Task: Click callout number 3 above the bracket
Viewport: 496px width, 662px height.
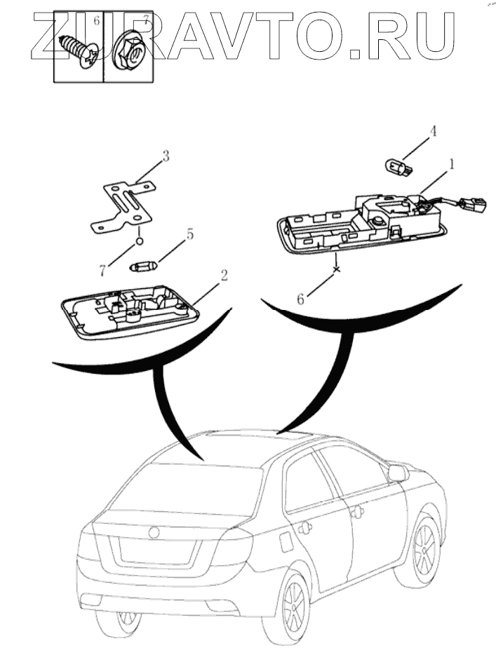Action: coord(166,156)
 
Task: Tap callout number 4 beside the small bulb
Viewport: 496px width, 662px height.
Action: coord(433,130)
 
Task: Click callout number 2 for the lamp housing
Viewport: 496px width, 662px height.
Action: coord(223,275)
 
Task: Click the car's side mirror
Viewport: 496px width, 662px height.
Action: coord(398,473)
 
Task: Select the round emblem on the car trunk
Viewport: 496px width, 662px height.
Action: coord(154,532)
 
